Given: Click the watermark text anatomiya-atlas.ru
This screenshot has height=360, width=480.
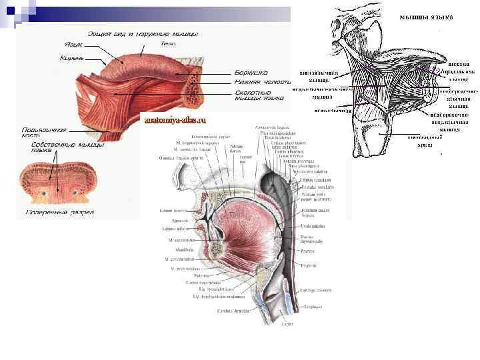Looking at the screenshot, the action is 175,121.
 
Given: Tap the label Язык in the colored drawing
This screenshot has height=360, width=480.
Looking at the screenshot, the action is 73,44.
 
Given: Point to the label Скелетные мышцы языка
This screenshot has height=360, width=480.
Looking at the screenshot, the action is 254,95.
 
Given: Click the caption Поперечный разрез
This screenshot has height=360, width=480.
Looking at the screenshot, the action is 59,213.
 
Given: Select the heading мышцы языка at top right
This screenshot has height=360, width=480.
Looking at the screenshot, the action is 425,17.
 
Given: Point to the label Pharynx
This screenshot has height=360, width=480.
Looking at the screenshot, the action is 307,251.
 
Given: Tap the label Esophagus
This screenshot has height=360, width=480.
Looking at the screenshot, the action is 313,307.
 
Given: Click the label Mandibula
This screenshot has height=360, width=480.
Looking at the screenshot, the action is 175,249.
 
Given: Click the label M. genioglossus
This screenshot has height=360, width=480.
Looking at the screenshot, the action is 181,239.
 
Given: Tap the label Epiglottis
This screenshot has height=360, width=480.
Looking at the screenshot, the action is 307,265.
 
